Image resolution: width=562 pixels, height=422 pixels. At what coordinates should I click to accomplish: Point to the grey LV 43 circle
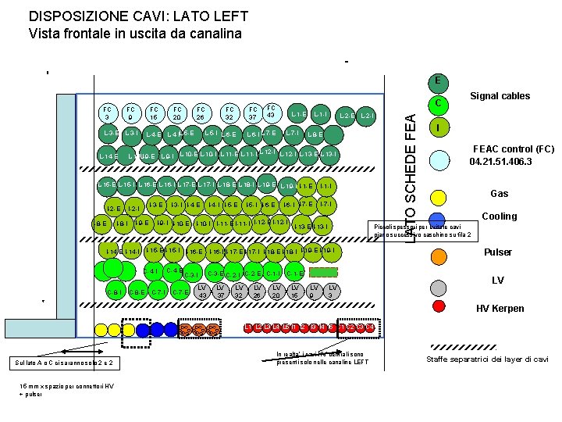(203, 291)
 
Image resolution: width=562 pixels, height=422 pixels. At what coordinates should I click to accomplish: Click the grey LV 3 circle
(332, 291)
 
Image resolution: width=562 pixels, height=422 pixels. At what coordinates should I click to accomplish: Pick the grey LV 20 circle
(276, 291)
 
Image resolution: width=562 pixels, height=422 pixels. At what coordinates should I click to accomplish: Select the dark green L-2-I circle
(367, 116)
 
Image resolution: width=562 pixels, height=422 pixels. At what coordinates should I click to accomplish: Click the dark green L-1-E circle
(297, 114)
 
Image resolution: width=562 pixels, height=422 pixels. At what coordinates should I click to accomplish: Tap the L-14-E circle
(109, 157)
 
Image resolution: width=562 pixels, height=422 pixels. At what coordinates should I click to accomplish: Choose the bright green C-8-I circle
(116, 292)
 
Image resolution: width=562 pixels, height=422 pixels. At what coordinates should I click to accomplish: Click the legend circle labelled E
(439, 81)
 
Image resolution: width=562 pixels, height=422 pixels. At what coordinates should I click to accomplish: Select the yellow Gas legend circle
(439, 193)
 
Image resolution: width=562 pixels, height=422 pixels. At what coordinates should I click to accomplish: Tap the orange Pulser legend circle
(439, 251)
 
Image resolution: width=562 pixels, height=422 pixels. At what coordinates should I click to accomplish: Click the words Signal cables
(500, 96)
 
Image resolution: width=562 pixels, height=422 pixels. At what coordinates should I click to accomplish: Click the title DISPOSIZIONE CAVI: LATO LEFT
(138, 16)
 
